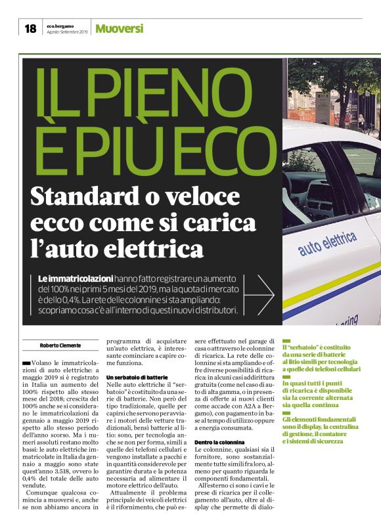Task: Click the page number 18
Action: pyautogui.click(x=30, y=28)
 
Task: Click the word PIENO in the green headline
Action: pyautogui.click(x=143, y=95)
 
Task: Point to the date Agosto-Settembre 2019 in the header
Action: pyautogui.click(x=66, y=31)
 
